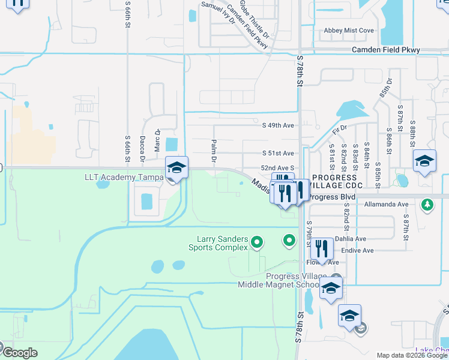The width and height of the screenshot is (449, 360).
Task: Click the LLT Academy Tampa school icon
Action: point(176,167)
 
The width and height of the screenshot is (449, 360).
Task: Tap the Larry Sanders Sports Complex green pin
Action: point(257,242)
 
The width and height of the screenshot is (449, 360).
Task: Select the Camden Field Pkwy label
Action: point(385,50)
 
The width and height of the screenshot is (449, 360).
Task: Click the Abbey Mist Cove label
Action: point(349,31)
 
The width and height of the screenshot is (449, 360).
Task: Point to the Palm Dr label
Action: point(213,151)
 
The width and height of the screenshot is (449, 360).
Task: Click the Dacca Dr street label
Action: point(143,149)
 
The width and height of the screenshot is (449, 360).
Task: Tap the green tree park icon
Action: point(427,205)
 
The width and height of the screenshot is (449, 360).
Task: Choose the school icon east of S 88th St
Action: point(424,161)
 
